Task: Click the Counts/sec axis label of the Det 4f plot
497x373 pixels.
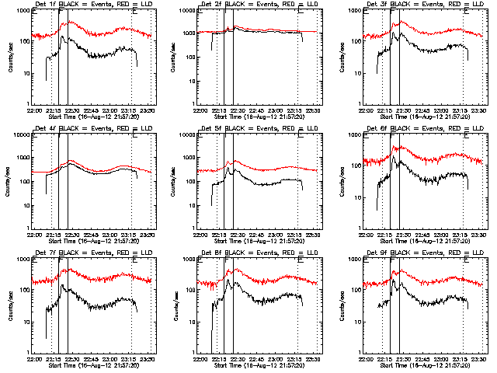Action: (x=9, y=180)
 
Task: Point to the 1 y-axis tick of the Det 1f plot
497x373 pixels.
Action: (x=28, y=103)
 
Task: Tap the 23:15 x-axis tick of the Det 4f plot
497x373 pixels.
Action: (x=129, y=233)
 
